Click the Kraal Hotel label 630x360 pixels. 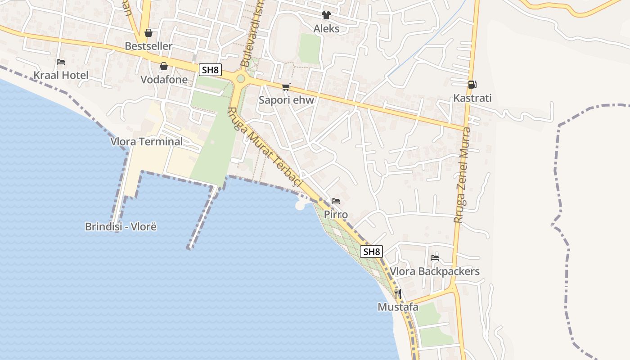pyautogui.click(x=61, y=75)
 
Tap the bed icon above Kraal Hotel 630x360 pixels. pyautogui.click(x=61, y=62)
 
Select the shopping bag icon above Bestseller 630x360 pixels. pyautogui.click(x=148, y=33)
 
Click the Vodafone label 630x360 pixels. pyautogui.click(x=164, y=80)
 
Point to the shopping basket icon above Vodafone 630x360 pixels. pyautogui.click(x=164, y=66)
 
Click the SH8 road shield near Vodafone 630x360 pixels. pyautogui.click(x=211, y=70)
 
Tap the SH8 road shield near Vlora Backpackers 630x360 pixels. pyautogui.click(x=371, y=252)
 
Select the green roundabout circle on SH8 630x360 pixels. pyautogui.click(x=241, y=79)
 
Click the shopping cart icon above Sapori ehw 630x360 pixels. pyautogui.click(x=286, y=87)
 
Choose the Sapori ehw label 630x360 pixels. pyautogui.click(x=286, y=100)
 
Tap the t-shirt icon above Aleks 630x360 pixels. pyautogui.click(x=326, y=15)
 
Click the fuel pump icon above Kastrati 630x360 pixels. pyautogui.click(x=472, y=85)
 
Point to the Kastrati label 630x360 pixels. pyautogui.click(x=472, y=98)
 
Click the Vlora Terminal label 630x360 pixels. pyautogui.click(x=147, y=142)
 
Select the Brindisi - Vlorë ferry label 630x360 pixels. pyautogui.click(x=121, y=226)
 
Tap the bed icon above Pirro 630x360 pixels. pyautogui.click(x=336, y=201)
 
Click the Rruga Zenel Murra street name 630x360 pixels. pyautogui.click(x=463, y=175)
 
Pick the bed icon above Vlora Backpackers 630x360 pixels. pyautogui.click(x=435, y=258)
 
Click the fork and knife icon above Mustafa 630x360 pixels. pyautogui.click(x=398, y=294)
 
